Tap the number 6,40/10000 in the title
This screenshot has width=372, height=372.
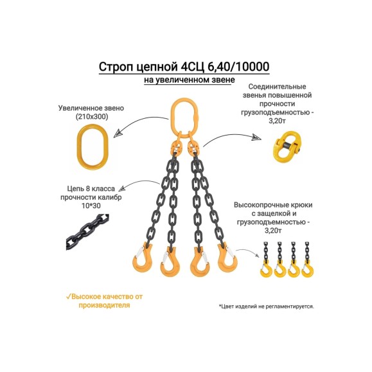click(x=238, y=66)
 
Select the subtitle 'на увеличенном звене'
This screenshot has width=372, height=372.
click(x=190, y=80)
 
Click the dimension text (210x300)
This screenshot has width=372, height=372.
click(x=92, y=117)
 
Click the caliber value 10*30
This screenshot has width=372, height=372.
click(x=91, y=206)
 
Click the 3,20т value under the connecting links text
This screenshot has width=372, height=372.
click(x=277, y=121)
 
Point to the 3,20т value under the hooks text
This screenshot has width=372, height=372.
click(x=273, y=231)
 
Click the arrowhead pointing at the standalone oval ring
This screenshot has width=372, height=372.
click(x=118, y=134)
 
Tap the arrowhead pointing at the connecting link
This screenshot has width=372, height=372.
click(x=257, y=137)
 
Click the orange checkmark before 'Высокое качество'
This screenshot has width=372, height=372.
click(x=69, y=296)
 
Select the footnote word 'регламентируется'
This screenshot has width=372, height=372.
click(x=290, y=306)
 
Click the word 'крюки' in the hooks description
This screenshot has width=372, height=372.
click(x=301, y=205)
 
